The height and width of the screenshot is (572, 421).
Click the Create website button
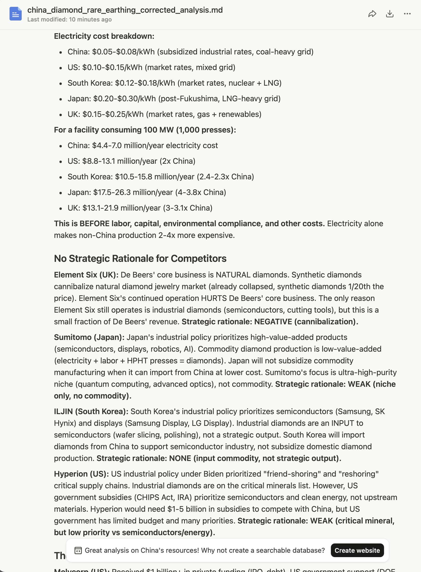tap(357, 550)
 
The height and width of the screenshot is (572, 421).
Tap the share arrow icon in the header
tap(372, 14)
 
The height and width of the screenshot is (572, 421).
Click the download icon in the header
tap(390, 14)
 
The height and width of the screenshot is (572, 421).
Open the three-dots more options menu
tap(407, 14)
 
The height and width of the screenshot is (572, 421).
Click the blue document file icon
tap(16, 14)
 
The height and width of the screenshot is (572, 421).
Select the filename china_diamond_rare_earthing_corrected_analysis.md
tap(125, 10)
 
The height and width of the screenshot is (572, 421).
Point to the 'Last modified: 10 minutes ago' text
tap(69, 20)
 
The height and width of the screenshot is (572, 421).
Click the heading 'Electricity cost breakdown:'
tap(104, 36)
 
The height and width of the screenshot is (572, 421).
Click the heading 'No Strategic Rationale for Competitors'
tap(140, 258)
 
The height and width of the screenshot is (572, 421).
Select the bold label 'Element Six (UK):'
tap(86, 275)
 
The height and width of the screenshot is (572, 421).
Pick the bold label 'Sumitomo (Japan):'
tap(89, 337)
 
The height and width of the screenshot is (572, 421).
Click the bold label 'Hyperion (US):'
tap(81, 474)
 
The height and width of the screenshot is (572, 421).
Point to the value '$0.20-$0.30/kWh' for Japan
tap(124, 99)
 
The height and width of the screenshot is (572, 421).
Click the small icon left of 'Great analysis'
tap(78, 551)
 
